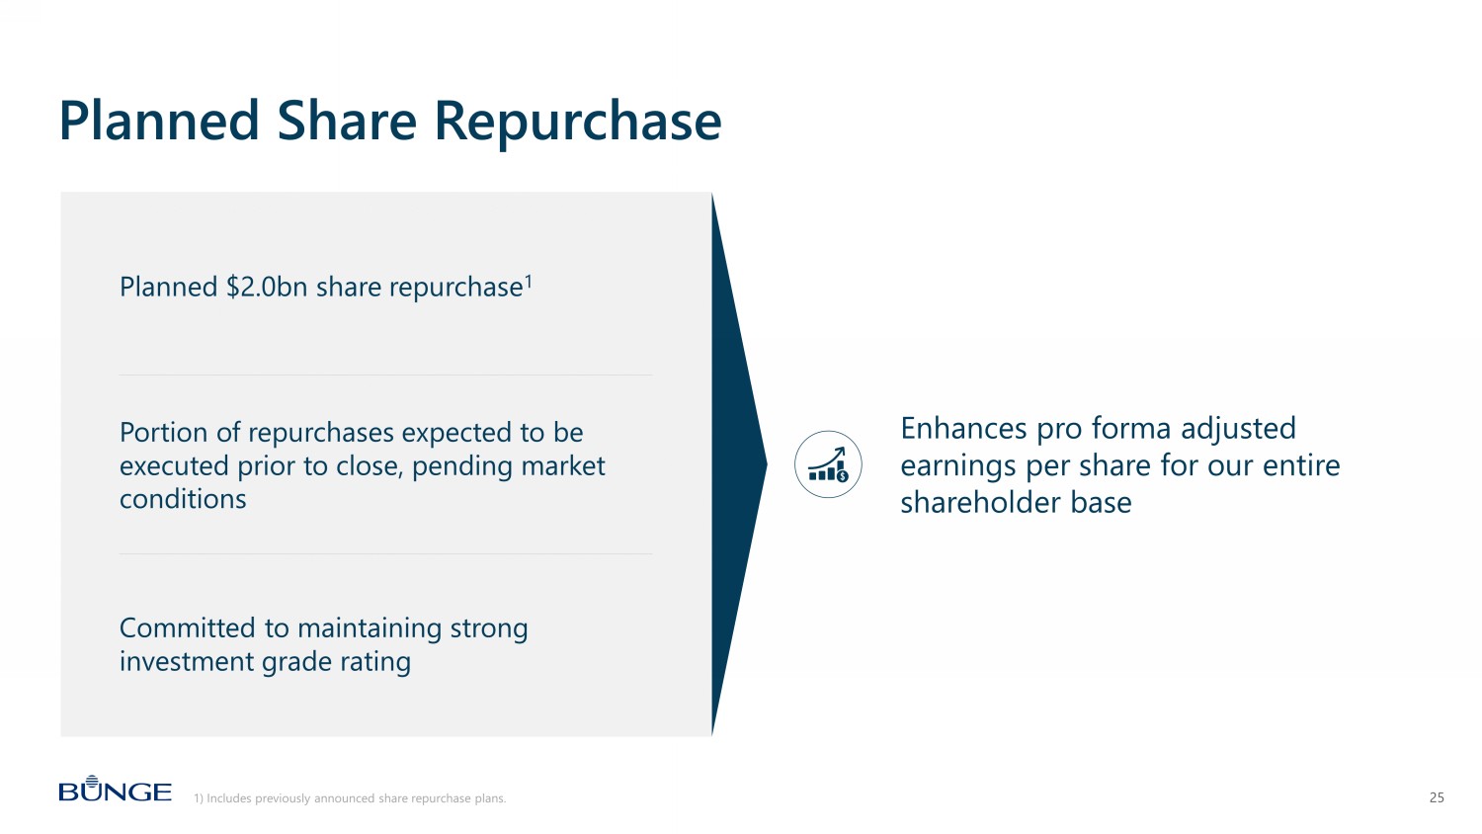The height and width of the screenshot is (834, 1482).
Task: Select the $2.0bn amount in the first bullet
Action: [267, 288]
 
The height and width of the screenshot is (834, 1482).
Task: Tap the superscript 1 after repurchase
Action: [529, 281]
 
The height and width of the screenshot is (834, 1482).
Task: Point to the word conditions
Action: [183, 500]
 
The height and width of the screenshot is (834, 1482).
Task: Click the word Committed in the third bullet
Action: [188, 628]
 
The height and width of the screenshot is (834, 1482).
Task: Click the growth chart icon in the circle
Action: [828, 464]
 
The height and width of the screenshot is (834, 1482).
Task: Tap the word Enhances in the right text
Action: [963, 428]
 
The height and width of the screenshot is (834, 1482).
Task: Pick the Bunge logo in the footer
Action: [116, 789]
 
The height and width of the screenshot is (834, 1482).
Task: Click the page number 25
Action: [1437, 797]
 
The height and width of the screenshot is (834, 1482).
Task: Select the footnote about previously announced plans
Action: [350, 798]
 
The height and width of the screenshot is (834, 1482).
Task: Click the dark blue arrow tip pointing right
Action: [766, 463]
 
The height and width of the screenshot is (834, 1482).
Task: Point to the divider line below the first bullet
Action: [385, 375]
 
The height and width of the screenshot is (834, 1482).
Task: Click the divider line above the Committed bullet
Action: [385, 554]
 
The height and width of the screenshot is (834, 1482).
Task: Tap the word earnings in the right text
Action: [958, 466]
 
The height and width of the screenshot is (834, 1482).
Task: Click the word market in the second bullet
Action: [563, 466]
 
